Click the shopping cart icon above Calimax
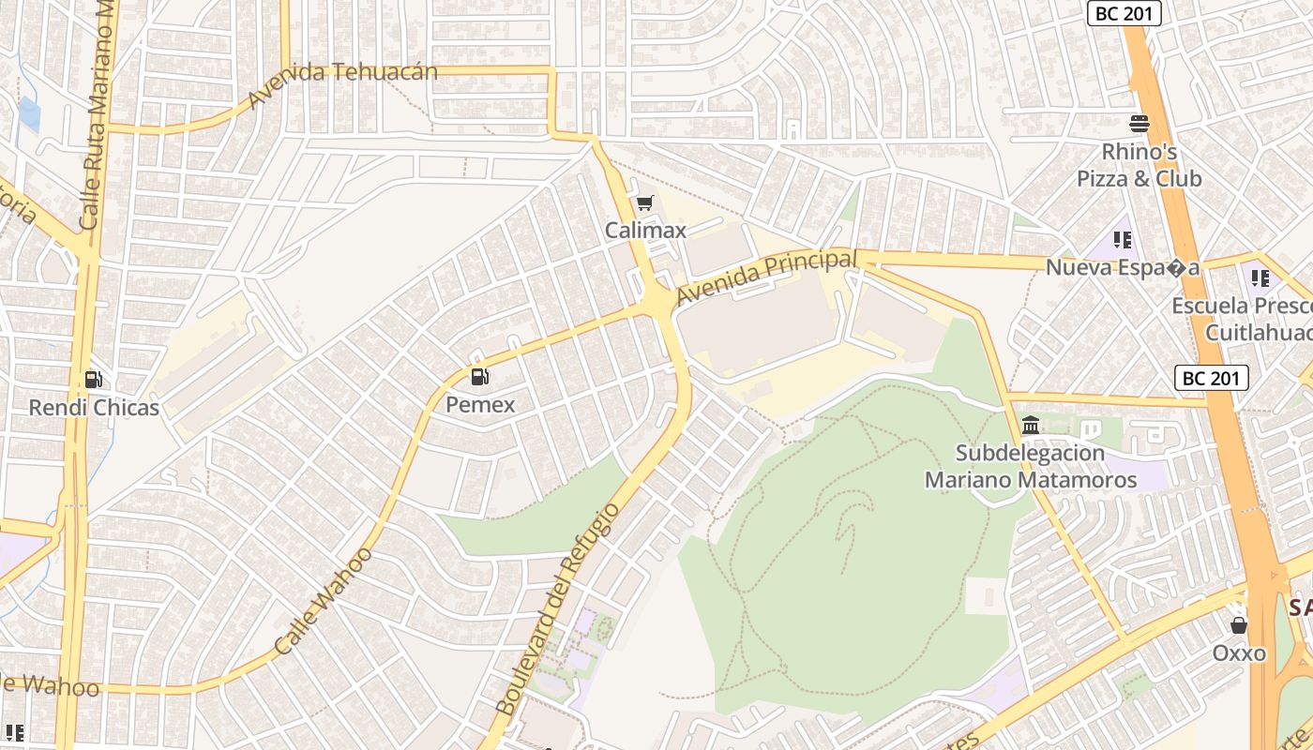point(644,203)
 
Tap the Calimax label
point(645,230)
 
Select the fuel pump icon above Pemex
point(480,377)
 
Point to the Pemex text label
point(480,405)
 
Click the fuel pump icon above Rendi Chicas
point(94,380)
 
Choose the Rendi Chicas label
point(94,408)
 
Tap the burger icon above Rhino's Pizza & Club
point(1139,124)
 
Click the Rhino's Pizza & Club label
point(1139,165)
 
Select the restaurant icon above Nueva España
point(1122,240)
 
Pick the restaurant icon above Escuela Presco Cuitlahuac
point(1260,277)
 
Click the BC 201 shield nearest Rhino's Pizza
point(1124,13)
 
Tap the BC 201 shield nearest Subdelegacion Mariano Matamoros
point(1212,378)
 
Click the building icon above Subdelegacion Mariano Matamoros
point(1031,426)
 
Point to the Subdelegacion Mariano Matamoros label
point(1031,467)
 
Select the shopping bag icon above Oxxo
point(1239,625)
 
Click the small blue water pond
point(30,113)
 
